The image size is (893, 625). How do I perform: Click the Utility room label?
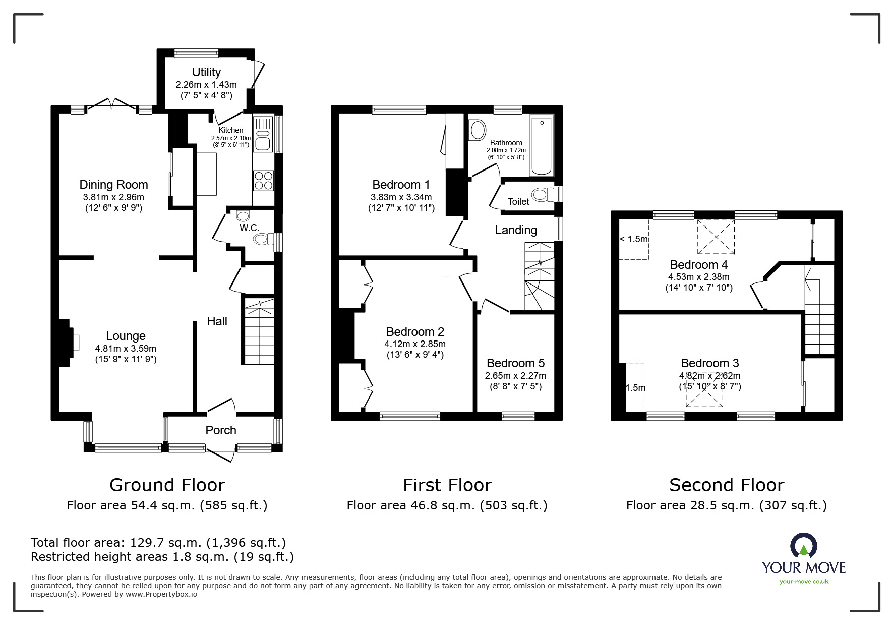[x=206, y=72]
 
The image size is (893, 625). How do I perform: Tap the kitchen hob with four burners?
[x=263, y=181]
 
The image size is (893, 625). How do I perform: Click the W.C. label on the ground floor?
[x=250, y=228]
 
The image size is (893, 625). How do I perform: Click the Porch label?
[x=221, y=430]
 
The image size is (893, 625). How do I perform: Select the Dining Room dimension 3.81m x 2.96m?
[x=113, y=197]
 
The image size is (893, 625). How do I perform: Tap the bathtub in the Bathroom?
[x=542, y=146]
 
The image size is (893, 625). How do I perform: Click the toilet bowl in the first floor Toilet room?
[x=543, y=194]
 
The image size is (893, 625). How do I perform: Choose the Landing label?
[x=516, y=231]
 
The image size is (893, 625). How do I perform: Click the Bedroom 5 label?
[x=515, y=363]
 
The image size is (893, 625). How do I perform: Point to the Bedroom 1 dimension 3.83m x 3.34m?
[x=401, y=197]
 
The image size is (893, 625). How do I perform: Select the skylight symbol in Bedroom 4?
[x=716, y=237]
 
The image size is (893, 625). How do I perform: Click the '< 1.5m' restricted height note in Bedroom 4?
[x=634, y=239]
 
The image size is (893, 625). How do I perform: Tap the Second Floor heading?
[x=726, y=485]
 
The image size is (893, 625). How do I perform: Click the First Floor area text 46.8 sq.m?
[x=447, y=505]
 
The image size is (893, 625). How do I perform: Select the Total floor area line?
[x=158, y=543]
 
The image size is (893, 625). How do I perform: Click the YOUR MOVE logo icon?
[x=803, y=545]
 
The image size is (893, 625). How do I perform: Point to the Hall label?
[x=217, y=321]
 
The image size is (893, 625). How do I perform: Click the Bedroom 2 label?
[x=415, y=332]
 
